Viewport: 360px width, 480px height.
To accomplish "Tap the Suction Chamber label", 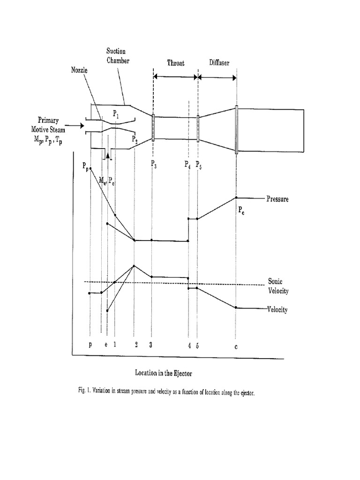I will pyautogui.click(x=116, y=55).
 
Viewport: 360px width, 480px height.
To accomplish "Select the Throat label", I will pyautogui.click(x=176, y=63).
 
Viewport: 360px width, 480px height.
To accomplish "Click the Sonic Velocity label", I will pyautogui.click(x=278, y=286).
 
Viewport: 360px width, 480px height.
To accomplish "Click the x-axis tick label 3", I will pyautogui.click(x=151, y=345).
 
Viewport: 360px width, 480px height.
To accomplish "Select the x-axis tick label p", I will pyautogui.click(x=90, y=345).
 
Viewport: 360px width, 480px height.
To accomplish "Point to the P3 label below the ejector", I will pyautogui.click(x=154, y=164).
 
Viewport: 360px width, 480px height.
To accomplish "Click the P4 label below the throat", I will pyautogui.click(x=188, y=164).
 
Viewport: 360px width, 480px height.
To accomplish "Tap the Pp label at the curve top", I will pyautogui.click(x=85, y=166).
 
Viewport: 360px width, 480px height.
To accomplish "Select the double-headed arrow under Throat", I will pyautogui.click(x=175, y=76).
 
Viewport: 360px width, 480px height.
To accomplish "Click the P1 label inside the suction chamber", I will pyautogui.click(x=117, y=113).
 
